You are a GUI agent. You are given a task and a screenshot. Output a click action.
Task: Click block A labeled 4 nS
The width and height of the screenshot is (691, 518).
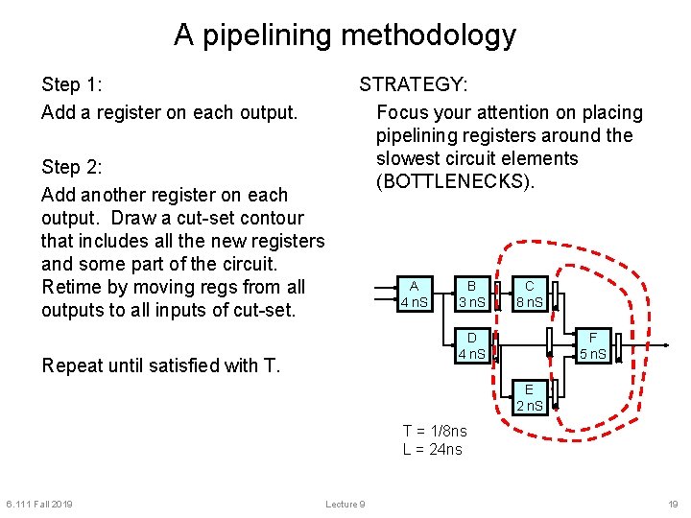(x=415, y=294)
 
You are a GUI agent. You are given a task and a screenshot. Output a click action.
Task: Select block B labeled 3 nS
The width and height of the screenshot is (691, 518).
(x=472, y=294)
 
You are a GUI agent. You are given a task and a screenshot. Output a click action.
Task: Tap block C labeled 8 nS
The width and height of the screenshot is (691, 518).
(x=530, y=294)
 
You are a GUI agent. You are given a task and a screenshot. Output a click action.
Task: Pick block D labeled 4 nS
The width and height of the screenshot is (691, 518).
(x=472, y=345)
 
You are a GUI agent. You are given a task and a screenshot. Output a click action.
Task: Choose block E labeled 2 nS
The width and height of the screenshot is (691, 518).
(x=530, y=397)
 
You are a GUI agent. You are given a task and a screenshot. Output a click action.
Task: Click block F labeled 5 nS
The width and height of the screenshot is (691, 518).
(x=593, y=345)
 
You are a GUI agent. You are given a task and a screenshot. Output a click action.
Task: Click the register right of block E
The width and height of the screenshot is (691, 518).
(x=555, y=395)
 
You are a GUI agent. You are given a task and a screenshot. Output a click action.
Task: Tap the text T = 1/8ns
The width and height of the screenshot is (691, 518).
(x=435, y=432)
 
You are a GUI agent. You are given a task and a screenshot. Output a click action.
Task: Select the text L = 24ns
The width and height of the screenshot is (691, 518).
(x=432, y=449)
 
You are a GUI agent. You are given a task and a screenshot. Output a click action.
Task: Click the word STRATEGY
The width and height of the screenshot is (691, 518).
(x=414, y=84)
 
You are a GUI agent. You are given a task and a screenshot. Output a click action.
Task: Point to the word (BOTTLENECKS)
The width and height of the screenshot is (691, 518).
(x=454, y=181)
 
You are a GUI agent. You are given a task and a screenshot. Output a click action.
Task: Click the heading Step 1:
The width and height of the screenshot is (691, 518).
(x=72, y=85)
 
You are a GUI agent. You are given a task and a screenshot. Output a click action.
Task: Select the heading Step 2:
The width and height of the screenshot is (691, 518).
(x=72, y=168)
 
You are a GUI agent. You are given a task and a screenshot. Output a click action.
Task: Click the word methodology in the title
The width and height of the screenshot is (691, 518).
(x=429, y=35)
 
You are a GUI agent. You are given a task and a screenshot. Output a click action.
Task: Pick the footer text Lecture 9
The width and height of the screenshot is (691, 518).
(x=345, y=505)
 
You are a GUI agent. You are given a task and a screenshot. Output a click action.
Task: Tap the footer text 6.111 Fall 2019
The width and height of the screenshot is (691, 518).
(x=38, y=505)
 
